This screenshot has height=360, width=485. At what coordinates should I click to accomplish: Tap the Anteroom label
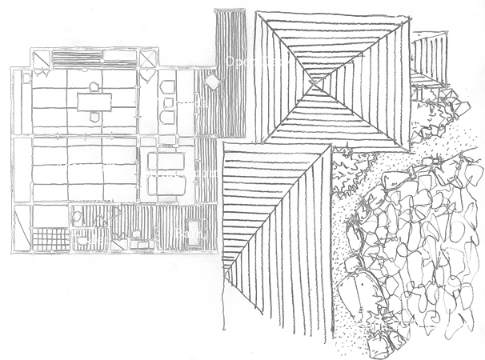pos(86,167)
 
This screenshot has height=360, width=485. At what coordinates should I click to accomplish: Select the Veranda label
pos(183,104)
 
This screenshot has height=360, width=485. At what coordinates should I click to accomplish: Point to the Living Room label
pos(180,173)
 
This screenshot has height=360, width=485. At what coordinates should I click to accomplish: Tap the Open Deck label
pos(259,62)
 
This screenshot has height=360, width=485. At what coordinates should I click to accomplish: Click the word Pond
pos(435,253)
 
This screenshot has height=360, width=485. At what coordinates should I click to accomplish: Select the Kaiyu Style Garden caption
pos(412,326)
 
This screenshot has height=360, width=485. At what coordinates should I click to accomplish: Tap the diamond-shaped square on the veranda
pos(213,82)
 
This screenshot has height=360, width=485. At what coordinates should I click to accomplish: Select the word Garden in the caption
pos(450,326)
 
